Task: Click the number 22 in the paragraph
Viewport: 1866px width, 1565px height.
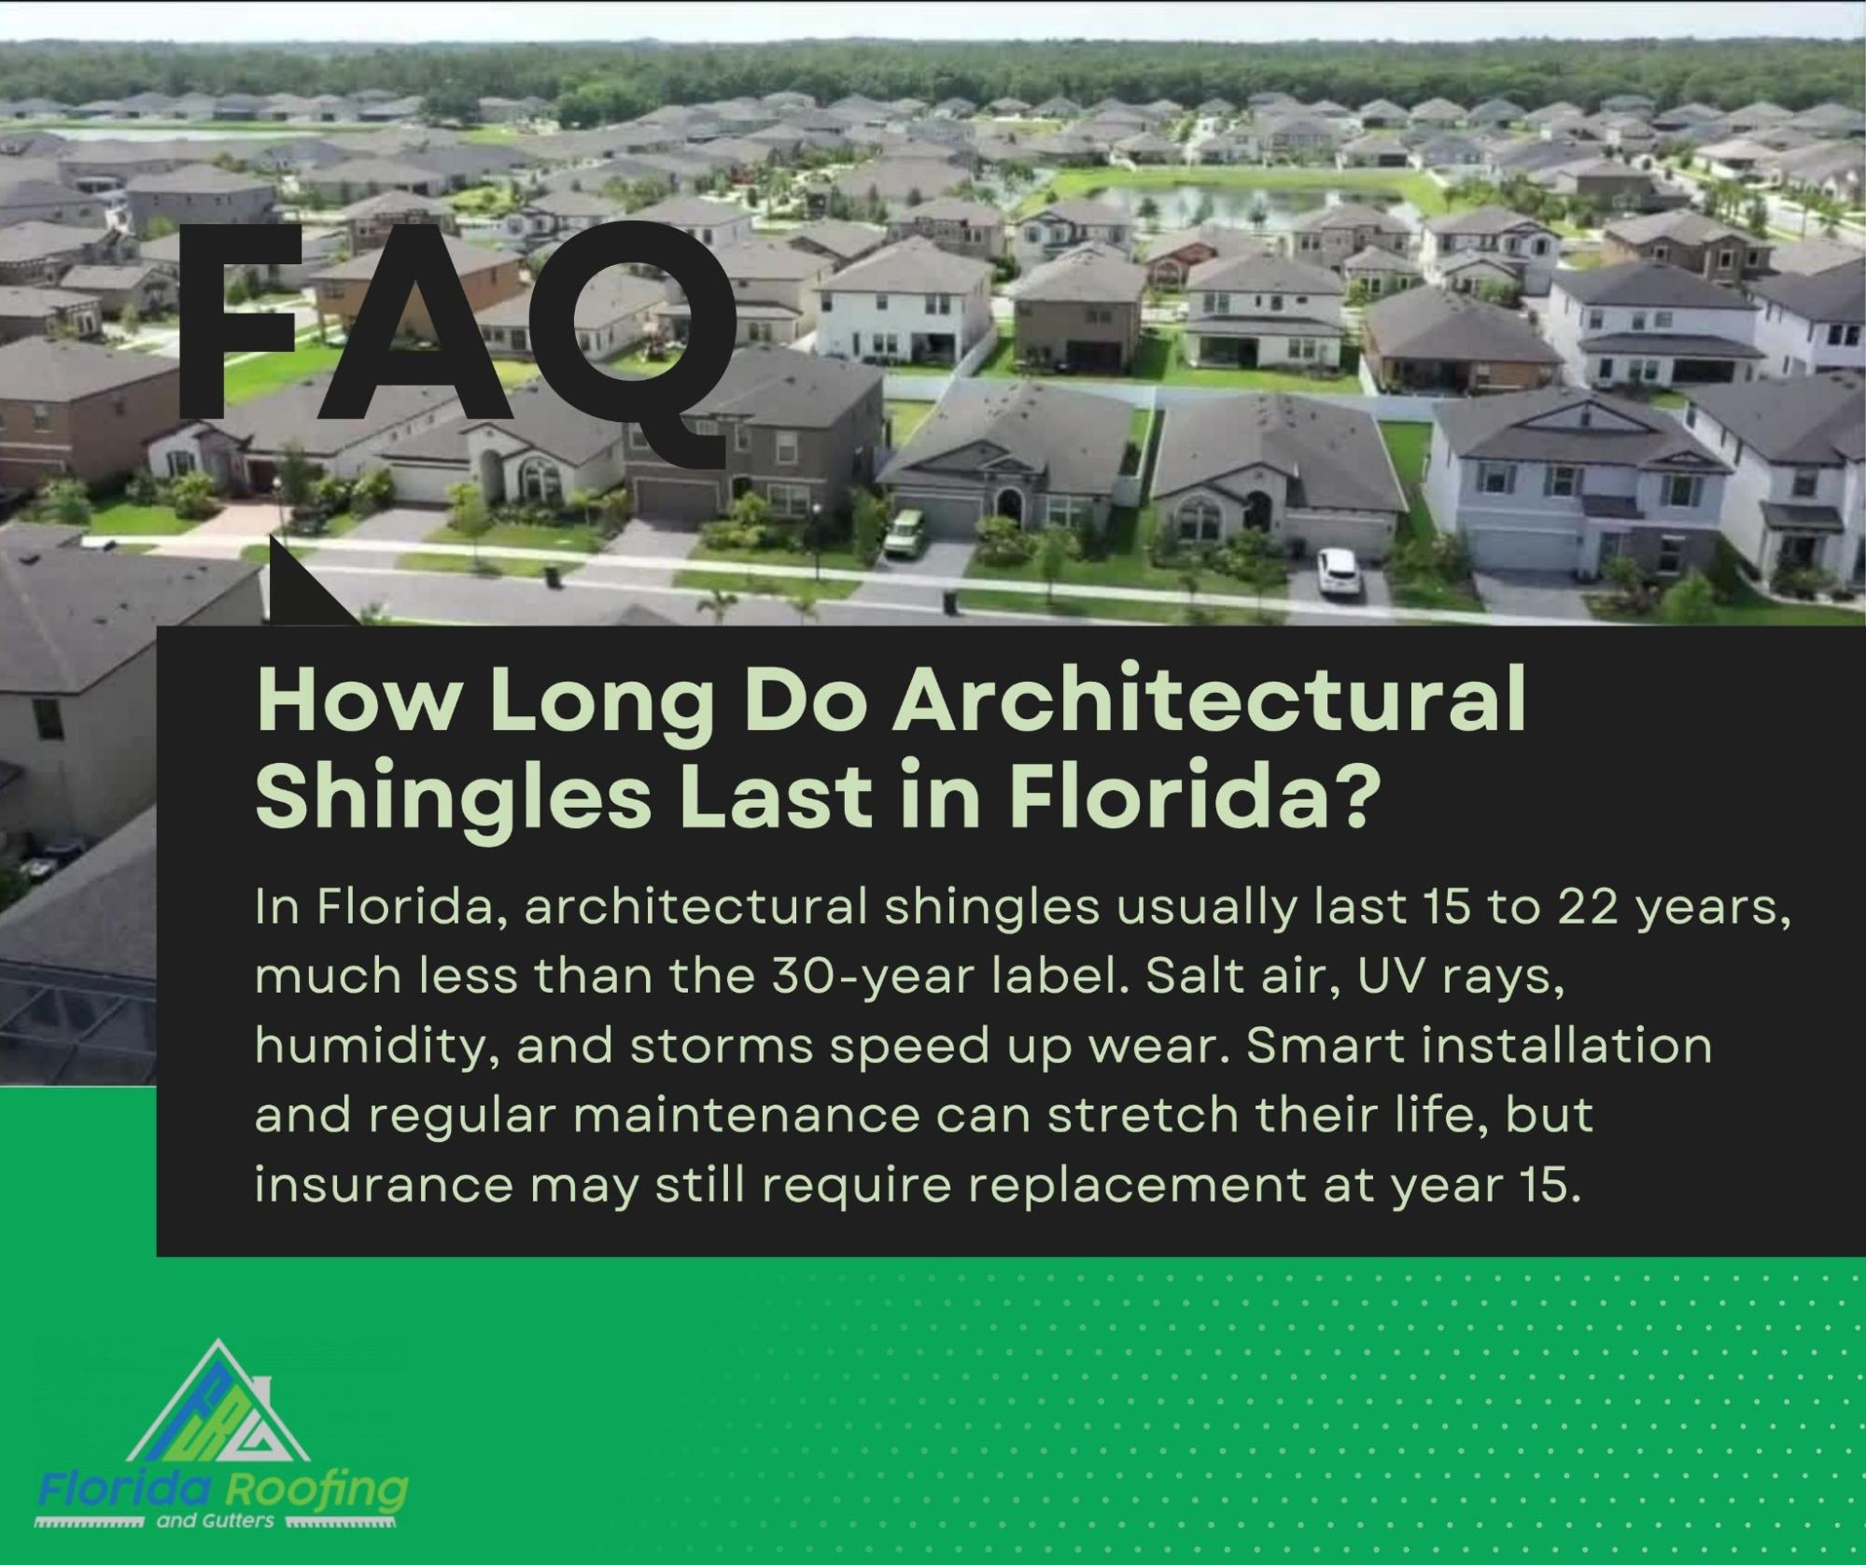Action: point(1585,907)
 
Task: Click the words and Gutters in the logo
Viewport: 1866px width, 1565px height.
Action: point(215,1520)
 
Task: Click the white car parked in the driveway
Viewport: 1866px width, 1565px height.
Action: point(1338,572)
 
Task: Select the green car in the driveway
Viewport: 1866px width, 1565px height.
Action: point(903,532)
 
